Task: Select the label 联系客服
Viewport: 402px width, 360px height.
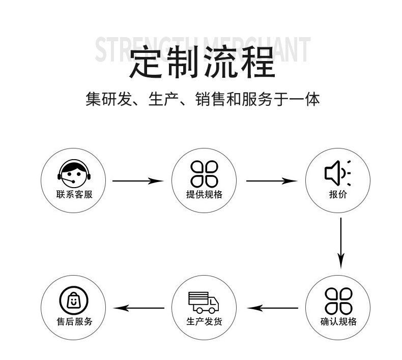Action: click(x=74, y=195)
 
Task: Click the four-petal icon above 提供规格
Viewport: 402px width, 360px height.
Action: click(x=204, y=173)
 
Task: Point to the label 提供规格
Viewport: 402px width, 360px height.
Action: click(x=204, y=195)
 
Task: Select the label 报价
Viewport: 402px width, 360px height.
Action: click(x=337, y=195)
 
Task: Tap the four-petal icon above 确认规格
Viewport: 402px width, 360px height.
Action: click(x=338, y=301)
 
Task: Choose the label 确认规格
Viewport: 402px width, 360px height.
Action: click(x=338, y=322)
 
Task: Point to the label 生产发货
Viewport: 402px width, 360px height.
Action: click(x=204, y=322)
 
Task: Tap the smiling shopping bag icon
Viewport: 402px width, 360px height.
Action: click(x=74, y=300)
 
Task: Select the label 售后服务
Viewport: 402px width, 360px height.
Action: click(x=74, y=322)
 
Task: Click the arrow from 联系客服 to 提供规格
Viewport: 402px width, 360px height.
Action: click(x=137, y=181)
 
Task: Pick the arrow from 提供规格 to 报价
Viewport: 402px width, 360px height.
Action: click(x=271, y=181)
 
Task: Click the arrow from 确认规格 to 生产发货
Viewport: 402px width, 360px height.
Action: click(x=272, y=308)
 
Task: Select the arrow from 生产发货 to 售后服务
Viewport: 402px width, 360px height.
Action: click(x=138, y=308)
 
